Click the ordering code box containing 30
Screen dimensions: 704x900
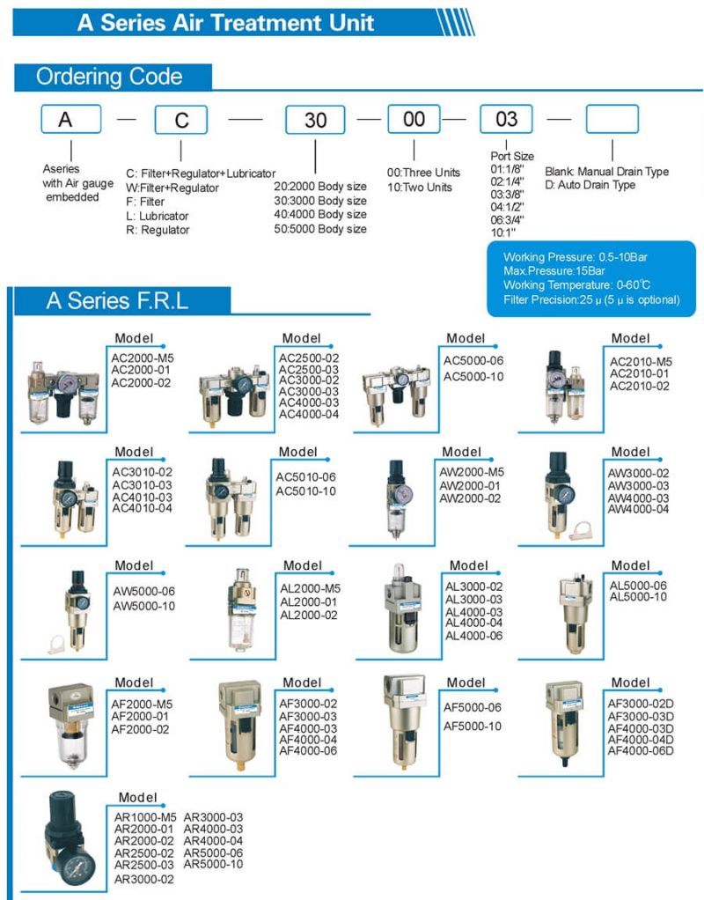click(x=315, y=120)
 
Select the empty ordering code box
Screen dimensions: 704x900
click(x=612, y=119)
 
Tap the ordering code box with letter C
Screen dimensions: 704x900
click(x=180, y=120)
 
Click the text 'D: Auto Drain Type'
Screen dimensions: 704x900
click(x=590, y=185)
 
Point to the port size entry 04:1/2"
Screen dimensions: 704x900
click(x=507, y=207)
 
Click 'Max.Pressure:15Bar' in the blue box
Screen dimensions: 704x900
click(x=554, y=270)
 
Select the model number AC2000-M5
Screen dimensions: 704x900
click(x=143, y=358)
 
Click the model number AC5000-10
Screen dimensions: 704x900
click(x=473, y=377)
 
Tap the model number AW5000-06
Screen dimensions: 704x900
click(x=144, y=591)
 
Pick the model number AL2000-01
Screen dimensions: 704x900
click(x=308, y=601)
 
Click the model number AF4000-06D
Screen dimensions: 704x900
click(x=641, y=750)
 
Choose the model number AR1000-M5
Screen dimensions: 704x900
click(x=145, y=816)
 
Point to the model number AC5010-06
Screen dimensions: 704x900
click(x=306, y=477)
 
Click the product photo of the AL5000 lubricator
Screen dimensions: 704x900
click(x=576, y=613)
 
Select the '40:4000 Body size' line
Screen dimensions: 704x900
click(x=320, y=214)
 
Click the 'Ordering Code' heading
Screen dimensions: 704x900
click(x=109, y=77)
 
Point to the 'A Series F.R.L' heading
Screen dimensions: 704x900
click(x=117, y=301)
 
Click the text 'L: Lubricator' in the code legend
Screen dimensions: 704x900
click(x=158, y=216)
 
